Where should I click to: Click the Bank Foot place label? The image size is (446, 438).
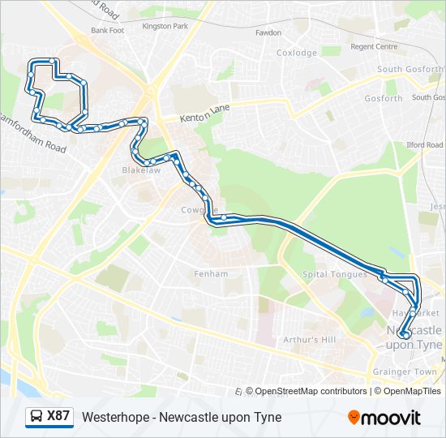[x=108, y=31]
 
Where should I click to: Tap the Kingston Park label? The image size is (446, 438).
[x=165, y=27]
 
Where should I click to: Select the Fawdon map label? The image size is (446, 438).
[x=268, y=33]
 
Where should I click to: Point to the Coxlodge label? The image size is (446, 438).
[x=297, y=53]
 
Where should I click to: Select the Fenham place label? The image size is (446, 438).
[x=211, y=274]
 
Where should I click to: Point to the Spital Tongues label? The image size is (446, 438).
[x=335, y=274]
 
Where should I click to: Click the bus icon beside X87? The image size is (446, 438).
[x=36, y=417]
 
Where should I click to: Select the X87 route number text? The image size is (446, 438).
[x=58, y=417]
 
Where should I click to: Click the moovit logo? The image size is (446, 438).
[x=384, y=418]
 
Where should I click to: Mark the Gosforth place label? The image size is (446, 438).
[x=384, y=99]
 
